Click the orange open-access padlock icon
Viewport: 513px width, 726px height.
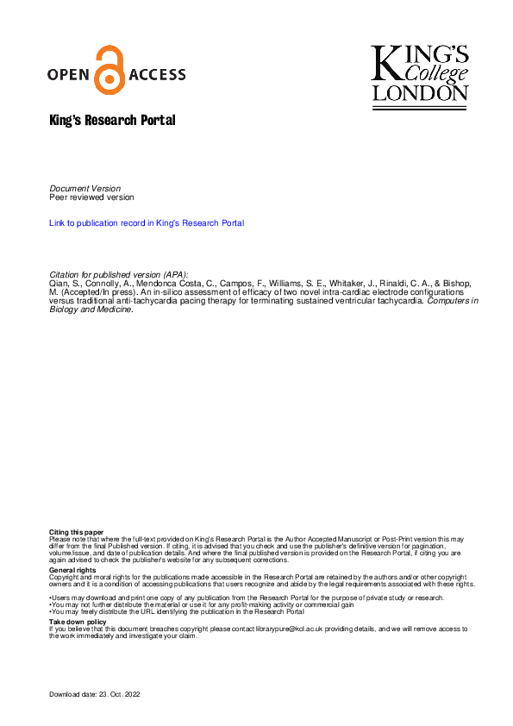tap(109, 70)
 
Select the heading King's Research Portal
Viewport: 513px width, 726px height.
tap(112, 121)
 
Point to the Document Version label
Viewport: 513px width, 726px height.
tap(85, 188)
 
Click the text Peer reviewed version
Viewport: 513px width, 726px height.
tap(91, 197)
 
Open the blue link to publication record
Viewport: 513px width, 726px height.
tap(147, 223)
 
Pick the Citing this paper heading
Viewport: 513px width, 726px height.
tap(77, 532)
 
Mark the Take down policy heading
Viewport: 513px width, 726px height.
tap(78, 622)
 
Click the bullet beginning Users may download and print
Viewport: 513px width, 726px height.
tap(246, 598)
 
